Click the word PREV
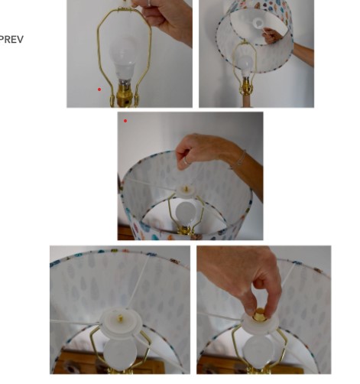click(11, 40)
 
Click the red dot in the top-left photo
click(99, 89)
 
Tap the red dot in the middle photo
click(125, 121)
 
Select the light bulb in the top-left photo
click(123, 60)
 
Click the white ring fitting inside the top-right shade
click(258, 24)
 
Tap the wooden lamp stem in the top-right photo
click(247, 101)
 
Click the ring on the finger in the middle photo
click(186, 161)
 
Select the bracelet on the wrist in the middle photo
click(238, 160)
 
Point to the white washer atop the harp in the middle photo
click(186, 190)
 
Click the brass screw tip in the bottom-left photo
click(120, 318)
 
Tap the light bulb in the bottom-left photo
click(119, 353)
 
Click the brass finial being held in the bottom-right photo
click(260, 315)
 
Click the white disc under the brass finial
click(260, 324)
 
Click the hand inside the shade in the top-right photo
click(272, 35)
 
